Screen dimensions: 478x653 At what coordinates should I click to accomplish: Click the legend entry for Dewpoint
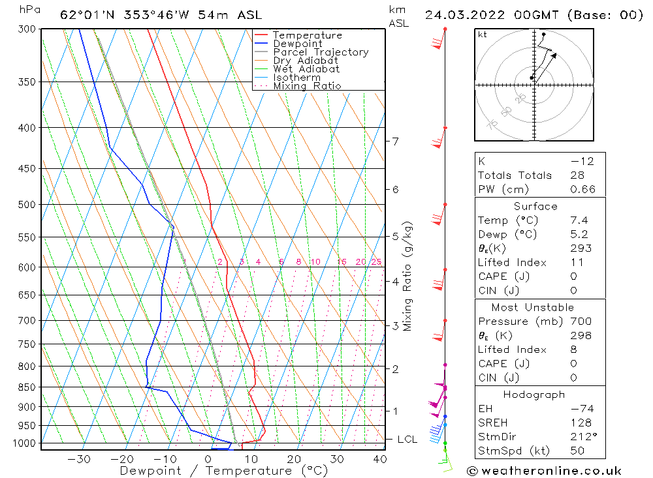click(297, 44)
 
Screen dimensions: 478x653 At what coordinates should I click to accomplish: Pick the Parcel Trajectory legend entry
click(321, 52)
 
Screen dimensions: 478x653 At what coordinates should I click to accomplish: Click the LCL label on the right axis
click(407, 440)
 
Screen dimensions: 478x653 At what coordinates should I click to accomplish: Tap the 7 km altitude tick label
click(395, 141)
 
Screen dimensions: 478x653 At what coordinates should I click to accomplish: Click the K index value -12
click(581, 161)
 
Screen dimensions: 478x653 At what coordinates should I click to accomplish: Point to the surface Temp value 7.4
click(579, 220)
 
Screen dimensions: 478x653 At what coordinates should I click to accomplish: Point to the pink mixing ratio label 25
click(376, 262)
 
